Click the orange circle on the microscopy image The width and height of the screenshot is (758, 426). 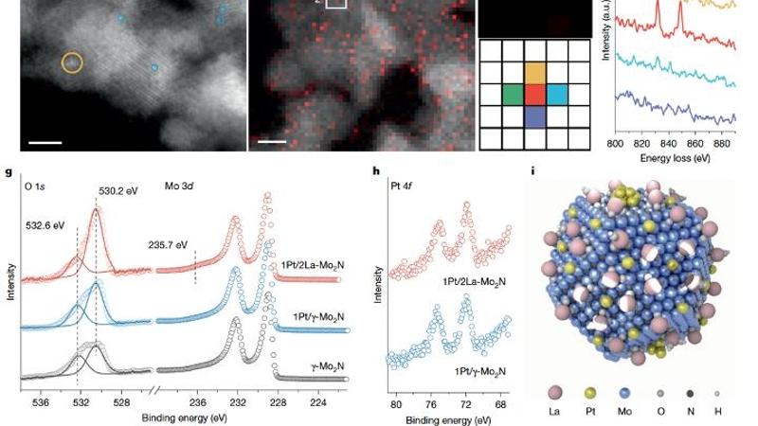[x=72, y=62]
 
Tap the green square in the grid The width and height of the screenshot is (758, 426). [x=512, y=95]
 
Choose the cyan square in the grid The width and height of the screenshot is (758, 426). [x=557, y=95]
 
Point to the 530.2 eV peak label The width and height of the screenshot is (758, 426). [x=118, y=190]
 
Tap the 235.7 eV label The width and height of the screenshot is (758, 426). [x=167, y=242]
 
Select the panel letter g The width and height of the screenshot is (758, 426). [x=9, y=173]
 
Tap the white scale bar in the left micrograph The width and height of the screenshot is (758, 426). [x=51, y=144]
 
